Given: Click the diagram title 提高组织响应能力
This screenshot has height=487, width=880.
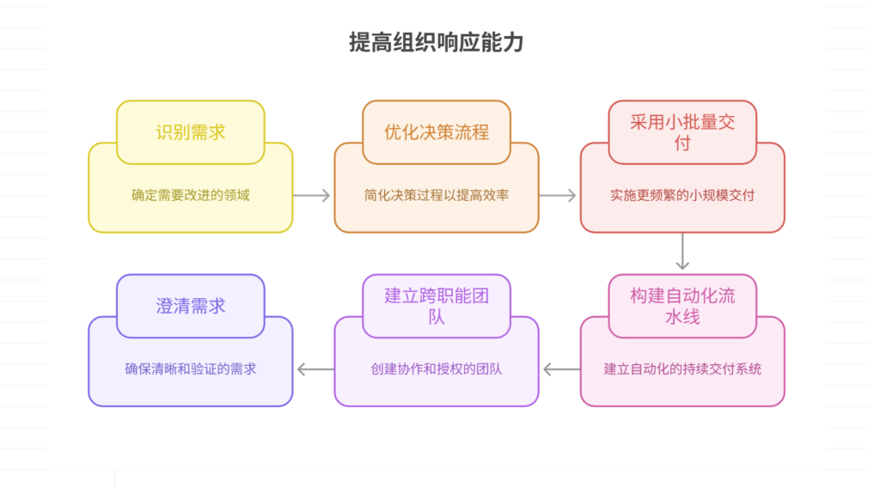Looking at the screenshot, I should click(x=436, y=43).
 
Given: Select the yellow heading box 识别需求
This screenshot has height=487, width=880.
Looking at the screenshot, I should click(x=191, y=132).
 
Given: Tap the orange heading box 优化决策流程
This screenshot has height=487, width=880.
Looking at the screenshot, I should click(x=437, y=132).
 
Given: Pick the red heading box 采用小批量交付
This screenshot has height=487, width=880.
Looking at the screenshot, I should click(x=682, y=132).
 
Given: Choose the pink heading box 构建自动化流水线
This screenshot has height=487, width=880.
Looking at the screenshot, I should click(x=682, y=306).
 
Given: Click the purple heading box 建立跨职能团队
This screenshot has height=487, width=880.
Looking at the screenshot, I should click(x=437, y=306).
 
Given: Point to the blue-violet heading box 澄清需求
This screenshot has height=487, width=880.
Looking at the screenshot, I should click(x=191, y=306).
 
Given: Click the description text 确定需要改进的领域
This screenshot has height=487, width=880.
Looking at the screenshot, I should click(x=191, y=195).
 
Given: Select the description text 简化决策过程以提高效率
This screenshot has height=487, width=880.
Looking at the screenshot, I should click(x=437, y=195).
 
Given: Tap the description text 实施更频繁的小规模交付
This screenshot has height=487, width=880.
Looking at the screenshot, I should click(x=682, y=195).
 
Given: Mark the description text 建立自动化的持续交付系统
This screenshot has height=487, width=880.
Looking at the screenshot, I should click(x=682, y=369).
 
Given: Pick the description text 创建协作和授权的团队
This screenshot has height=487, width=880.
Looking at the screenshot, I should click(x=437, y=369).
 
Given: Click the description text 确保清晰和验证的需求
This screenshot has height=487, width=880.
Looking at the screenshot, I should click(x=191, y=369).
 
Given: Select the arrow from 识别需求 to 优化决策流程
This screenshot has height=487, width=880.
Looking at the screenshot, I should click(x=313, y=196).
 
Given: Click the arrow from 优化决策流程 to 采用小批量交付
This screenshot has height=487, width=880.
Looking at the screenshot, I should click(x=559, y=196).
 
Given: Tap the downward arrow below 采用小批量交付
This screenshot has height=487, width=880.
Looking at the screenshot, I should click(x=682, y=253).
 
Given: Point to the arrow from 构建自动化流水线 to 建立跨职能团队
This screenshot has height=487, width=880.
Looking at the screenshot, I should click(x=560, y=369).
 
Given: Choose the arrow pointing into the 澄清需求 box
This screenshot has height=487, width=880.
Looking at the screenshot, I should click(x=315, y=369).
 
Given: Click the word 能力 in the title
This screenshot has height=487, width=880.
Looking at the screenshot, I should click(x=502, y=43).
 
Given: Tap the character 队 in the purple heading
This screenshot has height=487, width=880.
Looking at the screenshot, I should click(x=437, y=317).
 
